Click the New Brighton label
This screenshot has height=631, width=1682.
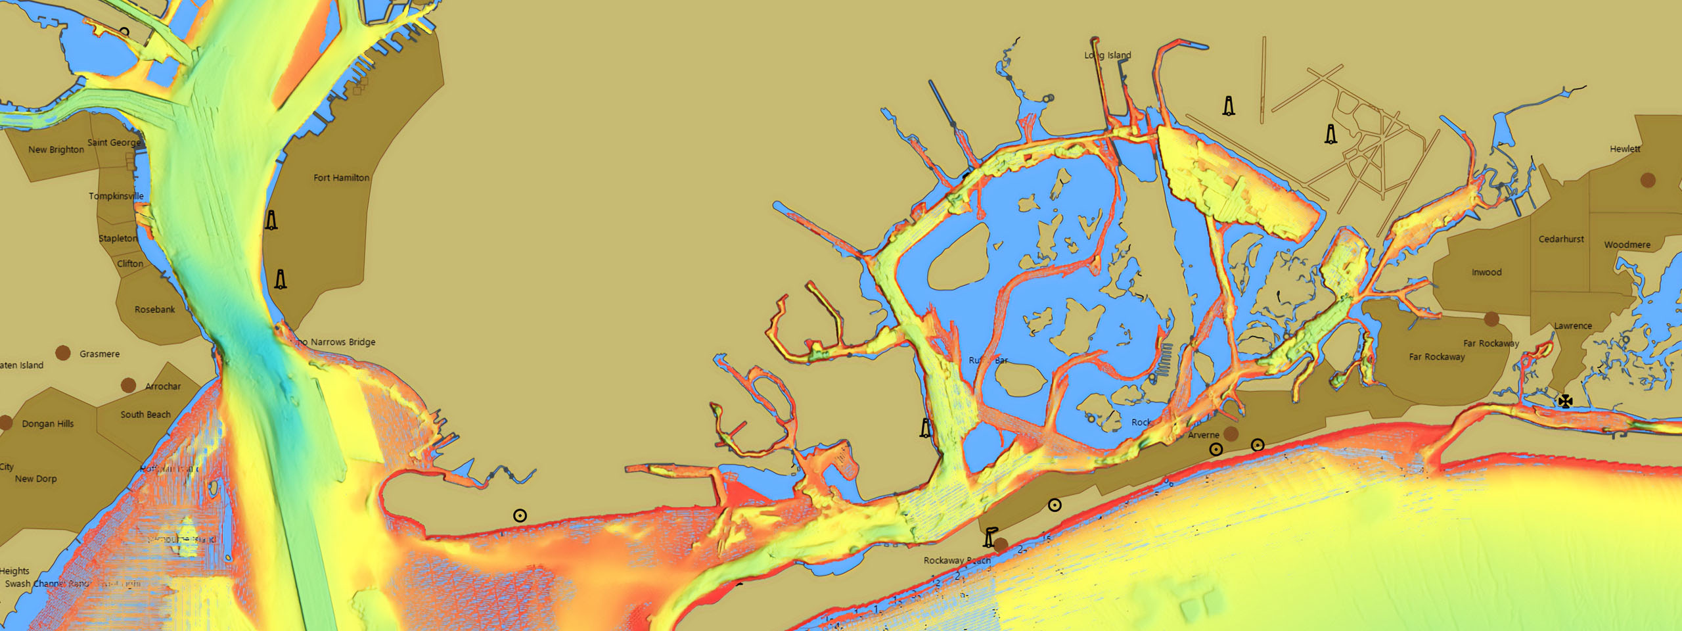pos(56,150)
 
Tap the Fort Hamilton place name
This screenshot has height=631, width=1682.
pos(341,177)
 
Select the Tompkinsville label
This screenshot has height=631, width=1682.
pos(116,196)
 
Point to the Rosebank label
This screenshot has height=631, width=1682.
pos(154,310)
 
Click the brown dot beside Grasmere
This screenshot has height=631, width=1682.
pos(62,353)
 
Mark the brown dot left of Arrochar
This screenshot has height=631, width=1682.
pos(128,385)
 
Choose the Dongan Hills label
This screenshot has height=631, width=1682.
pos(47,424)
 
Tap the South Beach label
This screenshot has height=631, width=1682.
pos(145,415)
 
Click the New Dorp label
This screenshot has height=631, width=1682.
pos(35,479)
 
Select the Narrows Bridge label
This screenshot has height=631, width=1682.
pos(342,342)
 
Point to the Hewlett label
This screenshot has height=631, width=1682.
pos(1624,149)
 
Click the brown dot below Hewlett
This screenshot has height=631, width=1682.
pos(1647,179)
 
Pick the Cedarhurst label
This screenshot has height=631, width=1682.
pos(1560,239)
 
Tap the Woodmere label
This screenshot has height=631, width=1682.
pos(1627,245)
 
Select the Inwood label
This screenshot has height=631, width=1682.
pos(1486,272)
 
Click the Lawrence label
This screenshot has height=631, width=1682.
pos(1572,326)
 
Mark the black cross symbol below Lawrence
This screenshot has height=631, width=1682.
pos(1565,401)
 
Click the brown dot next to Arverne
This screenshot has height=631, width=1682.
pos(1231,433)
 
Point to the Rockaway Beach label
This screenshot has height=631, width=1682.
pos(957,561)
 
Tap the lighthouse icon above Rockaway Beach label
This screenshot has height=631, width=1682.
pos(988,538)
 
